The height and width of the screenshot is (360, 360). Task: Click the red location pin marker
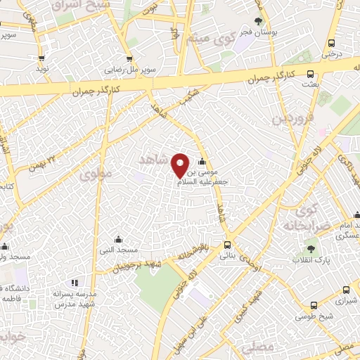tap(180, 165)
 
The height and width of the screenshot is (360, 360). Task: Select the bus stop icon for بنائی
tap(226, 245)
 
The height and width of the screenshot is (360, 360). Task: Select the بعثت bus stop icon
tap(311, 73)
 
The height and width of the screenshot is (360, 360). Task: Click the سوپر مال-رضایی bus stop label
tap(131, 70)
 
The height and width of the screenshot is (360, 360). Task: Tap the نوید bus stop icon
tap(41, 59)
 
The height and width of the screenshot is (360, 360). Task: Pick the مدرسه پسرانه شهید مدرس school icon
tap(75, 283)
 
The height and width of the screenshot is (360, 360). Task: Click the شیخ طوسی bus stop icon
tap(313, 305)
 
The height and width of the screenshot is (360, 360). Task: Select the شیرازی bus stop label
tap(346, 300)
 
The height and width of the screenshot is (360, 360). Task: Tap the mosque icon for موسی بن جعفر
tap(202, 162)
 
